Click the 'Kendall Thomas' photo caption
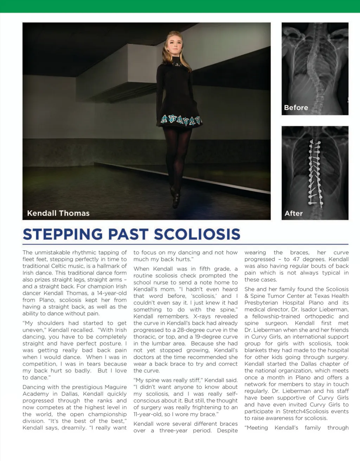click(58, 213)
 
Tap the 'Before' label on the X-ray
click(296, 108)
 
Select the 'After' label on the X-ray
click(293, 213)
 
